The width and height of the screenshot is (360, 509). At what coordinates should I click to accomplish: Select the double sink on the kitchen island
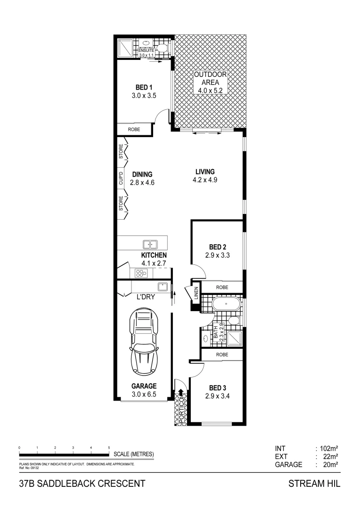point(150,244)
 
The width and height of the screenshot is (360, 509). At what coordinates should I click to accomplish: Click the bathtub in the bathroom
point(226,304)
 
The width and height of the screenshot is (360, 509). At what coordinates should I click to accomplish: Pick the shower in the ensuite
point(126,47)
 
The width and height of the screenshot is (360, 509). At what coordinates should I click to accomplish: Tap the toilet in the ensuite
point(161,47)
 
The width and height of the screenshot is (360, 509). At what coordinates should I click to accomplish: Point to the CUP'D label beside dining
point(121,178)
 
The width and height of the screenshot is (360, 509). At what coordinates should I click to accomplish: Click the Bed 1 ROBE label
point(134,129)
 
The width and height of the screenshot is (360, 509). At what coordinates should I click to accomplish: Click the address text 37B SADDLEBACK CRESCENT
point(78,484)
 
